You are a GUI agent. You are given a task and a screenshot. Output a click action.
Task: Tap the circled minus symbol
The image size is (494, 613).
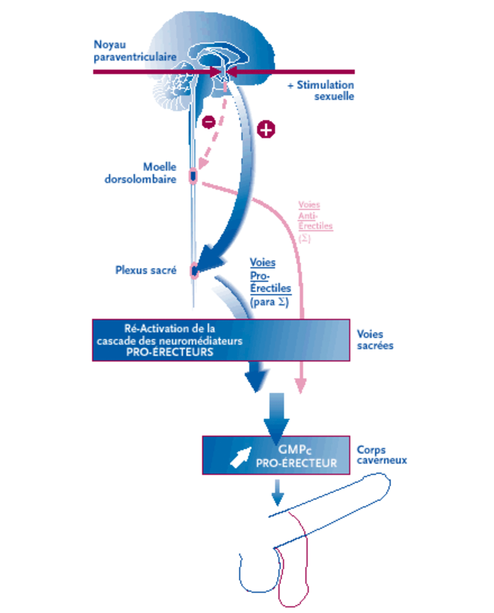click(209, 122)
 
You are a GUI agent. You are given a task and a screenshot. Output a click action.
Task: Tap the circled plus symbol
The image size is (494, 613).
click(266, 129)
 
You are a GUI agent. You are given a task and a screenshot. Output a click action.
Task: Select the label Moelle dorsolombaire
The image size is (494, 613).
click(141, 173)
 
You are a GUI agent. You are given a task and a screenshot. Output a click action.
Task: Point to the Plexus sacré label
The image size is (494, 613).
click(146, 270)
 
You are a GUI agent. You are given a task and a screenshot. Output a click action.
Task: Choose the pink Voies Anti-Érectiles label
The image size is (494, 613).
click(315, 221)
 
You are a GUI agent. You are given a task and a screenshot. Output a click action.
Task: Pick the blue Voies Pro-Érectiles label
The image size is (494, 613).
click(270, 282)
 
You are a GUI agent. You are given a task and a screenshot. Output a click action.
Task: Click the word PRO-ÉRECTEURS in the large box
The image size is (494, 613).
click(170, 352)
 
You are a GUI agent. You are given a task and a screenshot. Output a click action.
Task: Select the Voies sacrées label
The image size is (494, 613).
click(375, 340)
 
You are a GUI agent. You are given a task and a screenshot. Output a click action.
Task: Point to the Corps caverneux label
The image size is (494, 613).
click(382, 455)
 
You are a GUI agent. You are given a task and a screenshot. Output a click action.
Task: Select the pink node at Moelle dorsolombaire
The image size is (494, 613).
click(193, 176)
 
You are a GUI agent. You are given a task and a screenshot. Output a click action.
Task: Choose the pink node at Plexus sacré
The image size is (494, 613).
click(194, 270)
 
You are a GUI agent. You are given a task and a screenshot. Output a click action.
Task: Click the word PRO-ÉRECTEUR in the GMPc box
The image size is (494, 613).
click(296, 463)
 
